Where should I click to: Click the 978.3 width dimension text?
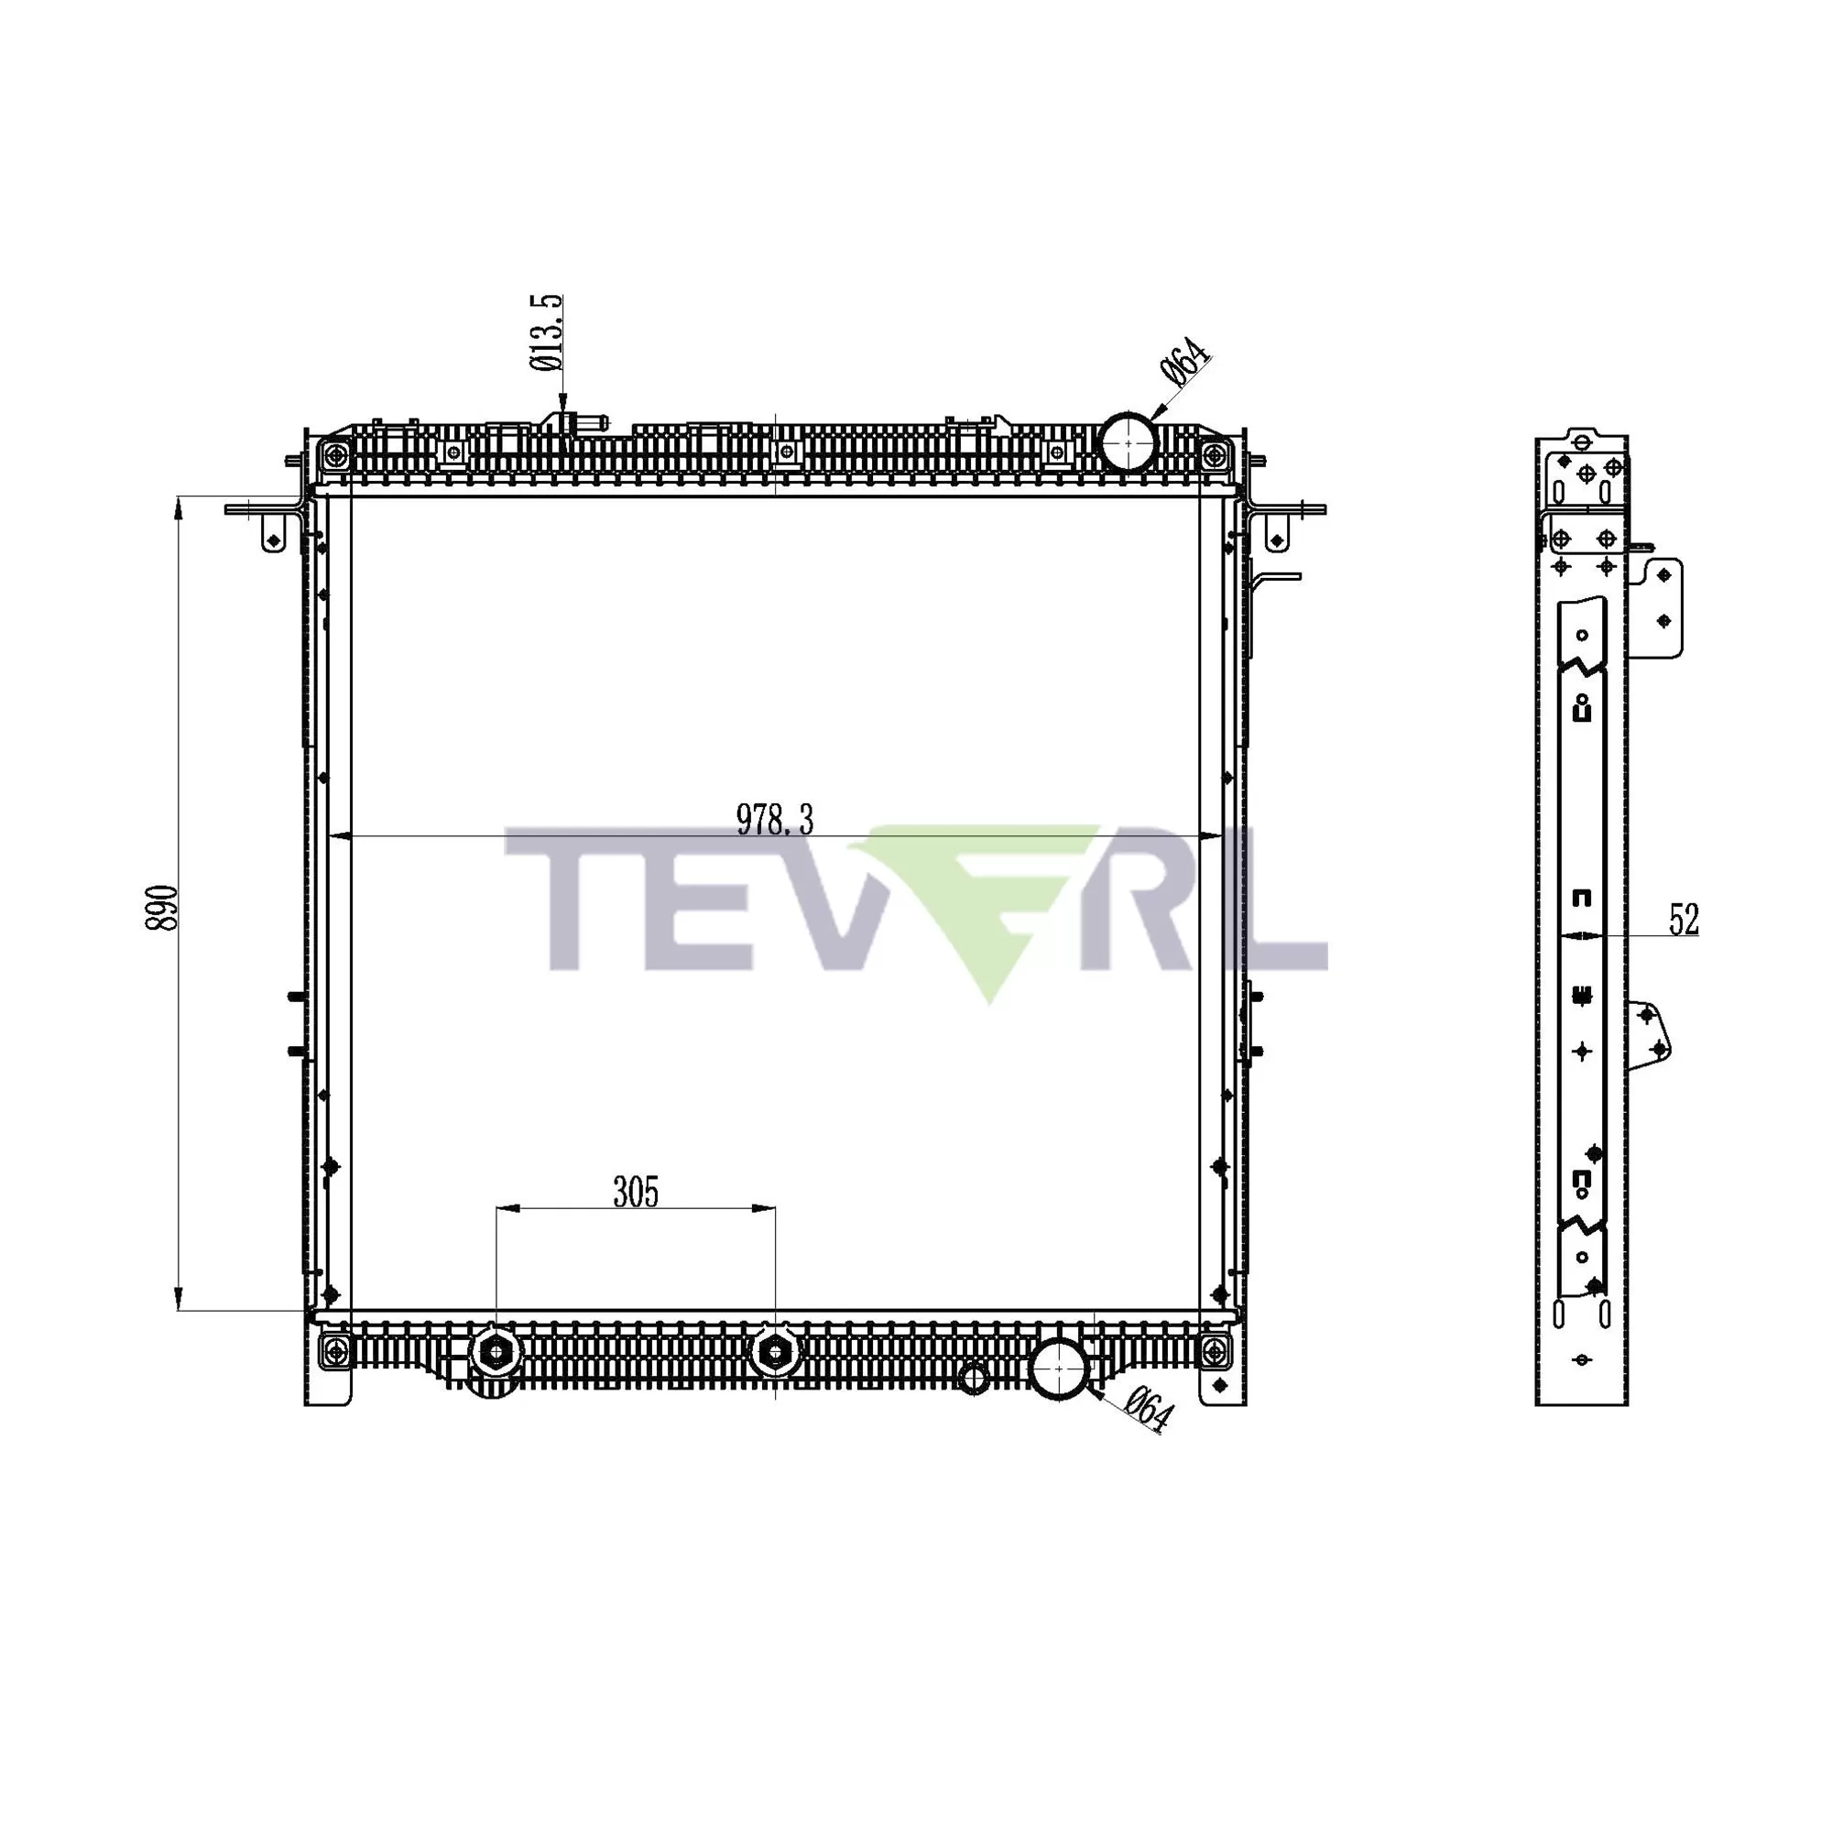click(775, 820)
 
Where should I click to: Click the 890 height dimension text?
click(162, 909)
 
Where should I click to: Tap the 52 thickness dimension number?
click(1685, 920)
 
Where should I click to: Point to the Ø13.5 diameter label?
click(547, 333)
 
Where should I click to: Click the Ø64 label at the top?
click(1184, 361)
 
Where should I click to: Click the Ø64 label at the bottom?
click(1150, 1409)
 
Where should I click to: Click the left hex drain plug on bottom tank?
click(496, 1351)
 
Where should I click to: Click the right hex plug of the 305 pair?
click(775, 1351)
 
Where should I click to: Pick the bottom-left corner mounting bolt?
click(333, 1350)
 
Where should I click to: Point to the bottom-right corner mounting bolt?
click(1213, 1350)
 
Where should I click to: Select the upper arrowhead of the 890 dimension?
click(178, 507)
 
